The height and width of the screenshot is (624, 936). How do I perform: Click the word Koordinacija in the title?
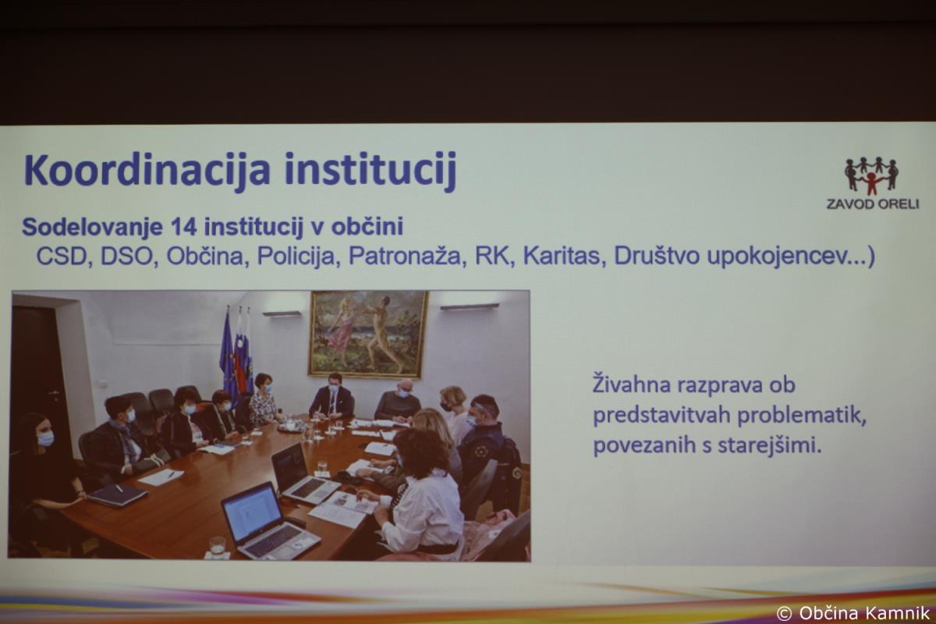(x=147, y=171)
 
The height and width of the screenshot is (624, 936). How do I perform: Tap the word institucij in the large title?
(x=370, y=171)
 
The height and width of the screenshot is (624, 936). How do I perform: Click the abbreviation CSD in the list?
(x=61, y=256)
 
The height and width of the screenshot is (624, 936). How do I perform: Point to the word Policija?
(x=296, y=256)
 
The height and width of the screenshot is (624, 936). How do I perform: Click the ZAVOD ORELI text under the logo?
(x=873, y=204)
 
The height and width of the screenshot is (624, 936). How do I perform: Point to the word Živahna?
(x=633, y=385)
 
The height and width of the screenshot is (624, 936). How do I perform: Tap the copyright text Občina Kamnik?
(x=864, y=613)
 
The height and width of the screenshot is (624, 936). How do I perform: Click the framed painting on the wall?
(x=368, y=334)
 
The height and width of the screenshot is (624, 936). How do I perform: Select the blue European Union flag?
(x=228, y=355)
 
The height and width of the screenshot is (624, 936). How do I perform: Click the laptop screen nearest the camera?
(x=251, y=512)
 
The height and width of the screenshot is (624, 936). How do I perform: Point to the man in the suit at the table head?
(x=331, y=397)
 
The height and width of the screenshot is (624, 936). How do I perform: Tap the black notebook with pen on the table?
(x=117, y=495)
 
